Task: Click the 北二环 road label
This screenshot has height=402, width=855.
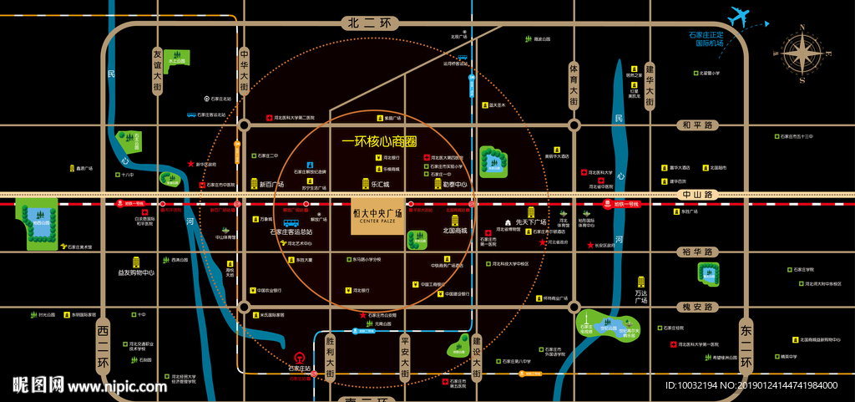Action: tap(367, 23)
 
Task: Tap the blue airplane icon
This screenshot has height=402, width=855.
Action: tap(740, 17)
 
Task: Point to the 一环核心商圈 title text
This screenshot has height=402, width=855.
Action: tap(379, 142)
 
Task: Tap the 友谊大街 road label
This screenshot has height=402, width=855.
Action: tap(157, 71)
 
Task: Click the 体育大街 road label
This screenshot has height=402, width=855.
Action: tap(574, 84)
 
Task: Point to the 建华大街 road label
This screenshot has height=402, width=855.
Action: tap(650, 84)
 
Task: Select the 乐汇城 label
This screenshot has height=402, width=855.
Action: tap(381, 184)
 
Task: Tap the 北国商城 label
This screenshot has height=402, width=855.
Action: tap(456, 230)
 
